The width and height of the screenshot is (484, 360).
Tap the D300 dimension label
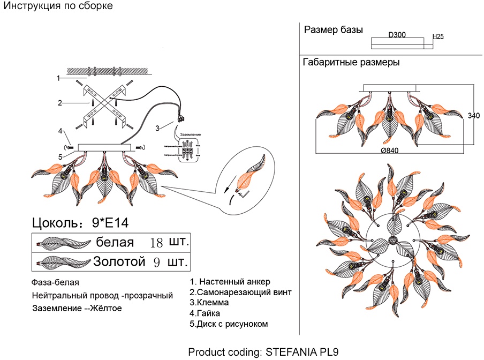397,35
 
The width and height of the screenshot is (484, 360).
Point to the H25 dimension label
438,37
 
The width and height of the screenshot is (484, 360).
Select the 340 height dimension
474,116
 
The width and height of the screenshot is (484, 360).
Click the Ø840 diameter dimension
390,151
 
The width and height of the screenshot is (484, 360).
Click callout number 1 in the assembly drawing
58,78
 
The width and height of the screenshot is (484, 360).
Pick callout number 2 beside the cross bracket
61,102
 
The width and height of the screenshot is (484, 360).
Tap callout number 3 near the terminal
157,128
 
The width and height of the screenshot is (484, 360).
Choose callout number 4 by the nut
61,131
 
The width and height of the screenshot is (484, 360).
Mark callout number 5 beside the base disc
61,156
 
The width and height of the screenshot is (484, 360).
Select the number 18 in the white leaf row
156,242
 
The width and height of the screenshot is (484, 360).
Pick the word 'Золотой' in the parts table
119,262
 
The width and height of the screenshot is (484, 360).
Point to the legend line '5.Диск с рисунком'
229,324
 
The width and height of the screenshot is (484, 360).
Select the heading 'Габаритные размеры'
351,62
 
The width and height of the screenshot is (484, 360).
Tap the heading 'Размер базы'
334,29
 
